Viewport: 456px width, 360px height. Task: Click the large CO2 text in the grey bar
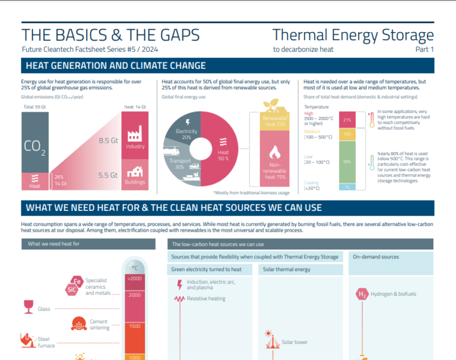tap(35, 147)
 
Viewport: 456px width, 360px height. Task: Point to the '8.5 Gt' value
tap(107, 141)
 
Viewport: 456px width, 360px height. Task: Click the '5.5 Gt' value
tap(107, 175)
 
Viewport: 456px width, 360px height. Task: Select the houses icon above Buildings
tap(135, 172)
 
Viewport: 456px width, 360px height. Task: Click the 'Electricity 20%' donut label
tap(186, 134)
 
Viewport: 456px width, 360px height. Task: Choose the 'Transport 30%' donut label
tap(179, 164)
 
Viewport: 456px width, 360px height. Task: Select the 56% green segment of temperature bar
tap(347, 162)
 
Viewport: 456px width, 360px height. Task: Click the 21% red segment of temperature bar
tap(347, 120)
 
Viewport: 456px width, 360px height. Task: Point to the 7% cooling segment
tap(347, 187)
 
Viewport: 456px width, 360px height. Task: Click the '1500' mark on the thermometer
tap(134, 326)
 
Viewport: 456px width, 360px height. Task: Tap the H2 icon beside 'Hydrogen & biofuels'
tap(362, 293)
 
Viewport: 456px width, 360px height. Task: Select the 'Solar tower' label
tap(294, 342)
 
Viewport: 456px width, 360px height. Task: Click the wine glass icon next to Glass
tap(27, 307)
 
